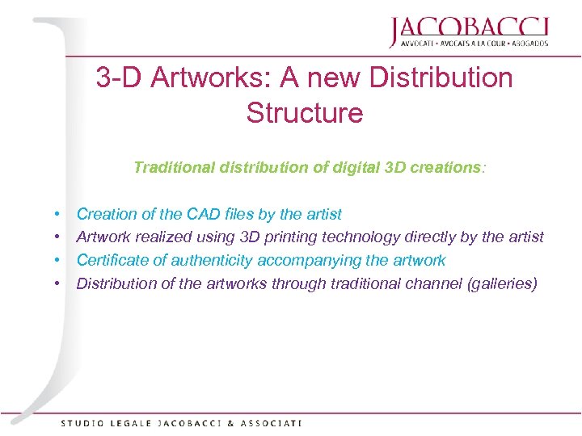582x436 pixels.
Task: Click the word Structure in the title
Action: (305, 112)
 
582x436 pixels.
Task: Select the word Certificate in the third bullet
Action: (112, 260)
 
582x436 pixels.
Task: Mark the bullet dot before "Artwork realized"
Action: (60, 237)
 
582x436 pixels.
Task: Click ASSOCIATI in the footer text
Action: (272, 422)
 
